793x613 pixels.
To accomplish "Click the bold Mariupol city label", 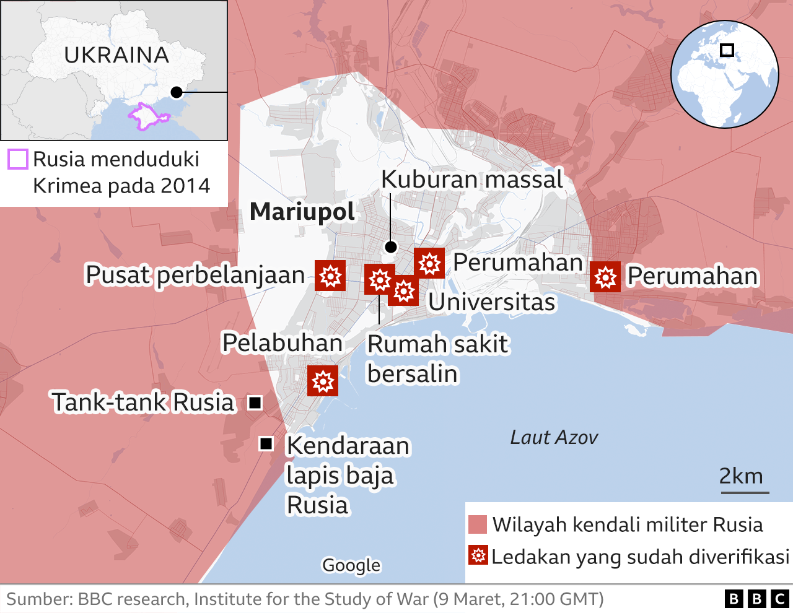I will [x=302, y=212].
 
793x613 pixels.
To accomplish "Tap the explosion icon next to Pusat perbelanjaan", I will [x=330, y=276].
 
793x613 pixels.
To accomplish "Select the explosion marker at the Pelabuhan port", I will [x=323, y=381].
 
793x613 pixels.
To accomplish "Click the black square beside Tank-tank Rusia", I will [x=255, y=402].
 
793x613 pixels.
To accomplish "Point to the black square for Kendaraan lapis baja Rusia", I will [x=266, y=443].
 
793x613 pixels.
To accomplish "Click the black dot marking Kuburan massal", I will [x=390, y=247].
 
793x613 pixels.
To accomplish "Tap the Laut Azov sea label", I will [x=553, y=438].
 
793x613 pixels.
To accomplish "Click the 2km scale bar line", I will [x=745, y=493].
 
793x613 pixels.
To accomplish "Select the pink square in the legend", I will [x=478, y=524].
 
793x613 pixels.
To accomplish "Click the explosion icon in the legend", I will [x=478, y=555].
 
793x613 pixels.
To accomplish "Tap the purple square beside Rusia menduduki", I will [x=18, y=159].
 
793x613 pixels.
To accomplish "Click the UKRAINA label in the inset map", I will [x=116, y=55].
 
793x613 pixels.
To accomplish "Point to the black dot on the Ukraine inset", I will [x=177, y=92].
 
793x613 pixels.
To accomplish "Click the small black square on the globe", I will [x=727, y=50].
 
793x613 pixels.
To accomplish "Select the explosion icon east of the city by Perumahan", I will [x=605, y=276].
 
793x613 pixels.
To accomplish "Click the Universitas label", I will [x=492, y=302].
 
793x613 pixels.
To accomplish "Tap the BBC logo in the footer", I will [x=756, y=599].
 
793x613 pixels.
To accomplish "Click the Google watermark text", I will [x=351, y=565].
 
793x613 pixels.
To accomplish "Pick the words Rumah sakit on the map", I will [x=437, y=344].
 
